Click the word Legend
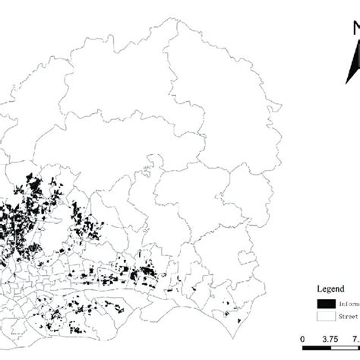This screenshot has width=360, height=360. (x=332, y=289)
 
